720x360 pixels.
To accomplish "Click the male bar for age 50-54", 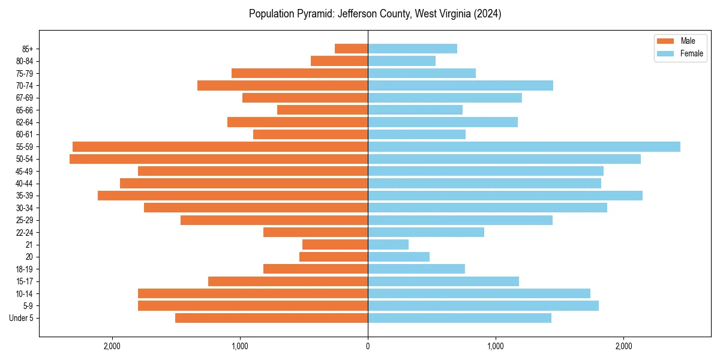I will click(x=218, y=159).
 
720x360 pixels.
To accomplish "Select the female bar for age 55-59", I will click(x=524, y=146).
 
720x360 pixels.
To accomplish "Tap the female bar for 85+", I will click(x=412, y=49).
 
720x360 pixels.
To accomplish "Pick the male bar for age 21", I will click(x=335, y=244).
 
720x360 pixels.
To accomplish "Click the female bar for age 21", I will click(x=388, y=244).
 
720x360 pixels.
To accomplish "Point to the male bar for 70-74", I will click(x=283, y=85).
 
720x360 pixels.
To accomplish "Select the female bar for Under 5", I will click(x=460, y=318).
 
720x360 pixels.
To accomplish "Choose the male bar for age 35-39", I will click(x=233, y=196).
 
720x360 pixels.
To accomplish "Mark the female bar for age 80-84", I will click(x=401, y=61).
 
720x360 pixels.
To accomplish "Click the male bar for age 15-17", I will click(x=288, y=281).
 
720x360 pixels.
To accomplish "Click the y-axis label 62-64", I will click(x=25, y=122).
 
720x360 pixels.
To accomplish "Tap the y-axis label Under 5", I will click(x=22, y=318).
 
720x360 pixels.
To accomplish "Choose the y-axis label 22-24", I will click(x=25, y=232).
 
